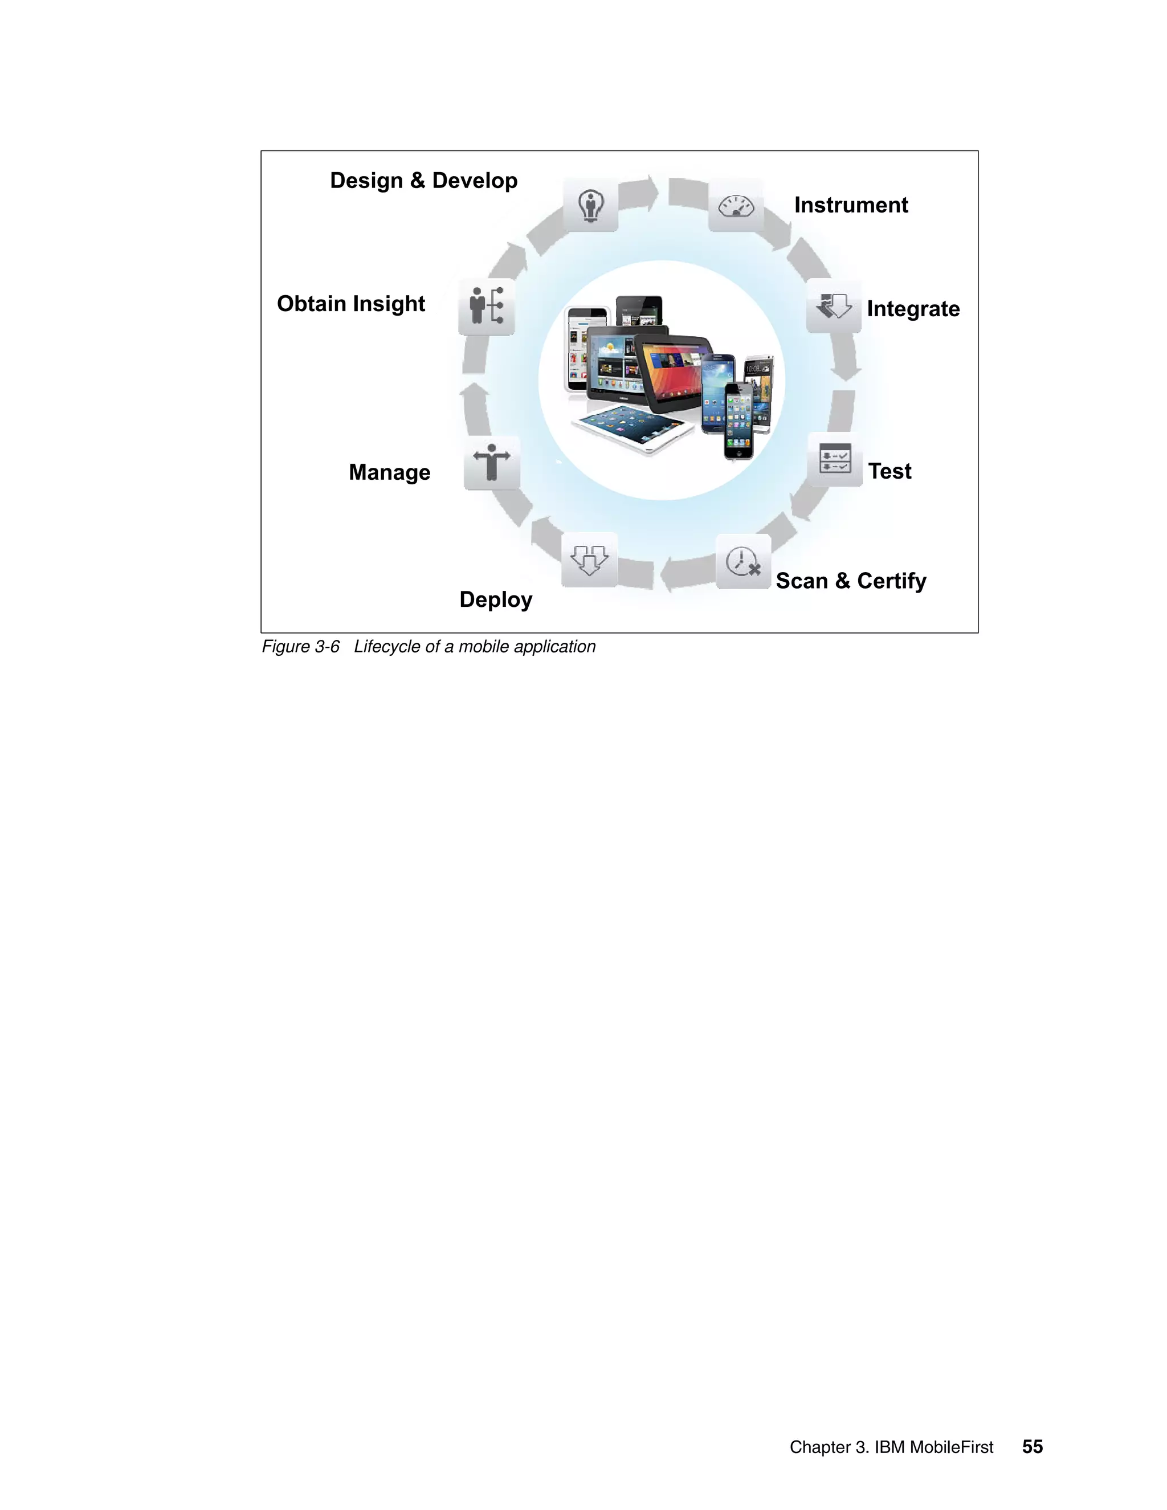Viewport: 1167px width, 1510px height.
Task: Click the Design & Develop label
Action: [423, 181]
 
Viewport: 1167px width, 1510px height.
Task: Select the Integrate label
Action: [913, 309]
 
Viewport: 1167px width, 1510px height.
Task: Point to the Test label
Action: [889, 472]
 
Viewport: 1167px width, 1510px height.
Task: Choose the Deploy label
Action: [496, 599]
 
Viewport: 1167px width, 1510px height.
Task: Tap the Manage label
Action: [389, 472]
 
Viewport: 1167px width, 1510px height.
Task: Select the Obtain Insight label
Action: [350, 304]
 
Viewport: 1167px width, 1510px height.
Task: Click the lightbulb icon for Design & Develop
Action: [590, 205]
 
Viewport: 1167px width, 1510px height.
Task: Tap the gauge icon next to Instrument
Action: [736, 205]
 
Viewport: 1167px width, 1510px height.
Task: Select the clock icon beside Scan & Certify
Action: [743, 561]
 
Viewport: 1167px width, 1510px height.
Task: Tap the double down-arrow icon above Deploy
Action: [589, 560]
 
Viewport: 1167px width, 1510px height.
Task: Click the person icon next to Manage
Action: [492, 463]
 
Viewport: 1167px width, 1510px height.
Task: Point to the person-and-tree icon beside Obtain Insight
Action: [486, 307]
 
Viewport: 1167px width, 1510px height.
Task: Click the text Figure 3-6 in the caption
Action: [301, 647]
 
